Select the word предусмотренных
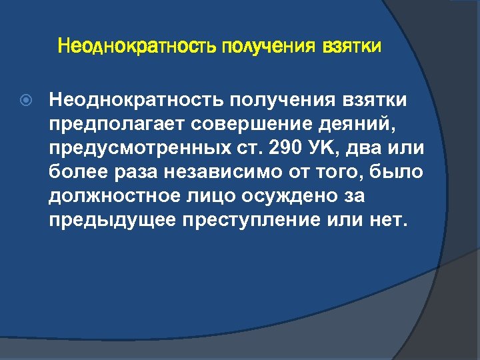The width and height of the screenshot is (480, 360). point(136,147)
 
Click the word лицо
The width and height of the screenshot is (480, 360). point(227,195)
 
